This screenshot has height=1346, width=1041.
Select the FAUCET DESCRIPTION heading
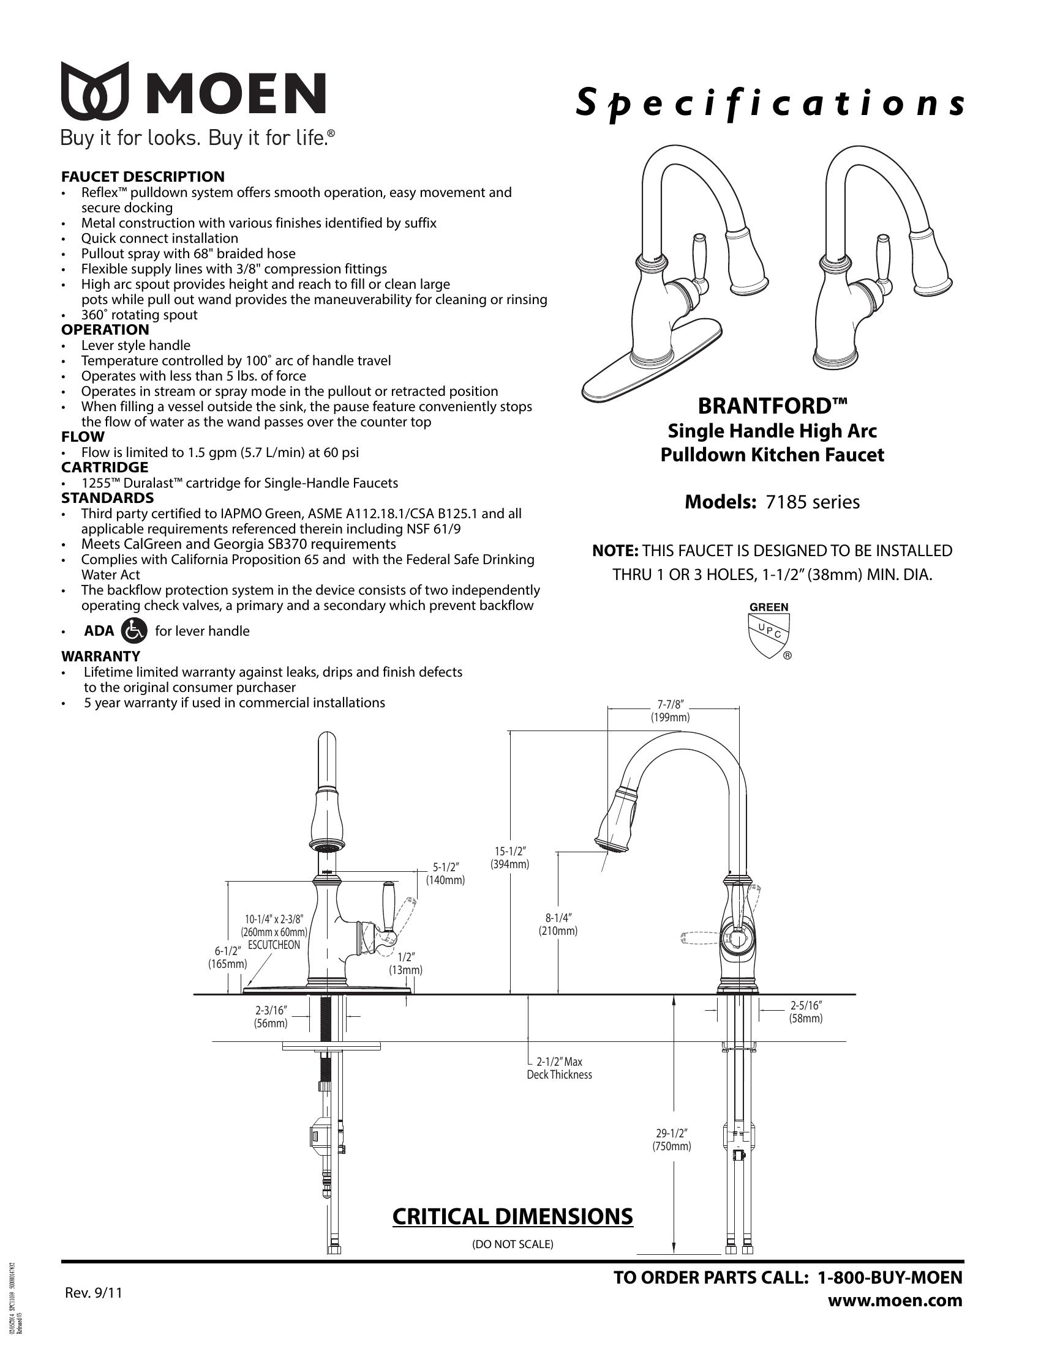coord(143,177)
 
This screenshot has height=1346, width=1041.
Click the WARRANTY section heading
coord(100,656)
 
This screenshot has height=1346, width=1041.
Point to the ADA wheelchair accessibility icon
coord(135,630)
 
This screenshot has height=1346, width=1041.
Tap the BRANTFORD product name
coord(772,406)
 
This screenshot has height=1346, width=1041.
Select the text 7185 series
coord(812,502)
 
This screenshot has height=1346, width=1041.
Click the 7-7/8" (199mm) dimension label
coord(670,710)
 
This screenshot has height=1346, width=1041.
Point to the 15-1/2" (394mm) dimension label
coord(509,857)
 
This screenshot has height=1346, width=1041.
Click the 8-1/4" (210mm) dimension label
coord(557,924)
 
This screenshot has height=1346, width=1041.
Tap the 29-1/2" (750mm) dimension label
coord(672,1140)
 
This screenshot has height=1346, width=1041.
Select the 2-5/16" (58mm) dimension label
coord(806,1012)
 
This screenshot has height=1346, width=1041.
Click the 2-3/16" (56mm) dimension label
coord(271,1017)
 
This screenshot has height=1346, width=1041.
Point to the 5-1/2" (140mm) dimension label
coord(445,873)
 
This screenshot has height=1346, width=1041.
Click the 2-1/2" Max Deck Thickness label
coord(558,1068)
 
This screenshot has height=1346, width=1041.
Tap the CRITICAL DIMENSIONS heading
coord(513,1216)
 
